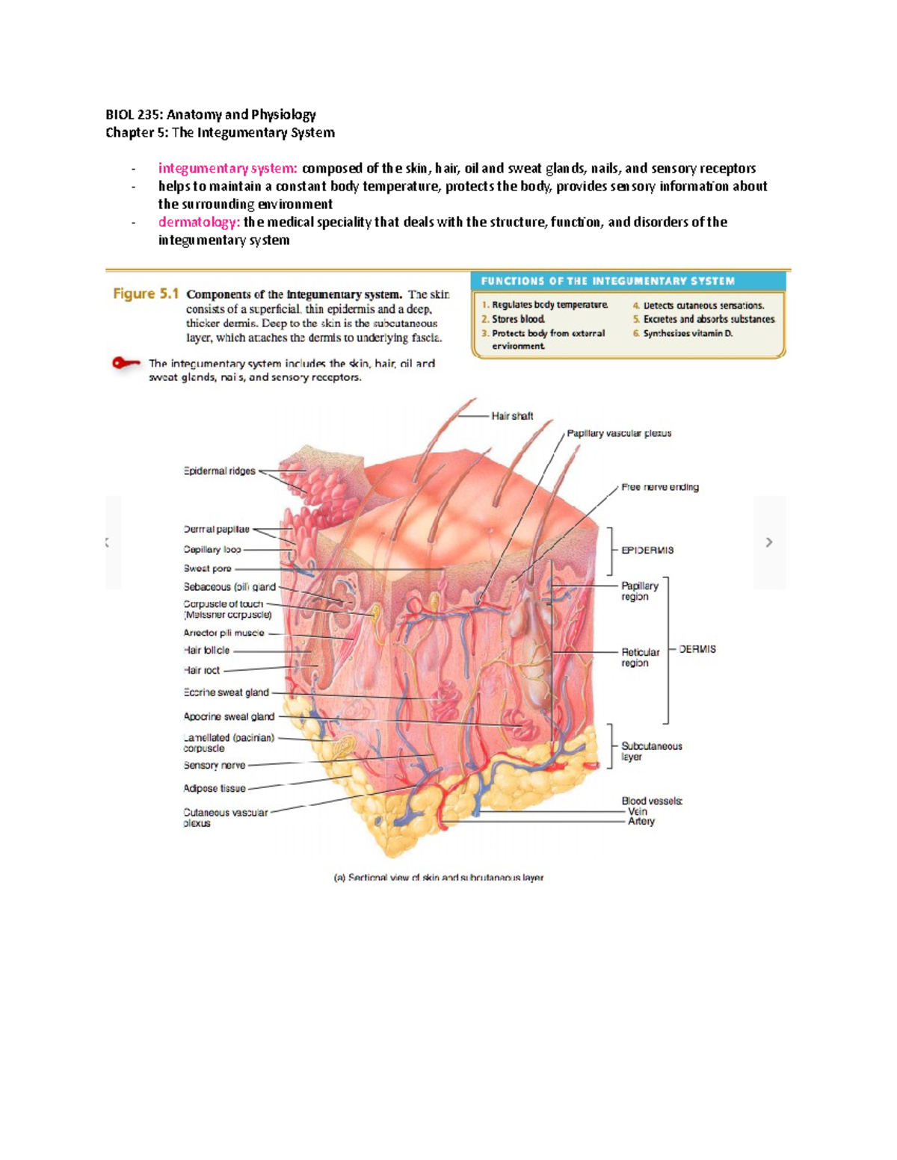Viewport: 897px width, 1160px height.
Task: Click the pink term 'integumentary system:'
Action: coord(227,169)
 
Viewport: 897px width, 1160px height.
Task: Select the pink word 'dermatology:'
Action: coord(197,223)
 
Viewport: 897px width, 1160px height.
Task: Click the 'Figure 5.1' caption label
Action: coord(146,294)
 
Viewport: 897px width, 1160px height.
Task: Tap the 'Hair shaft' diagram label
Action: coord(512,416)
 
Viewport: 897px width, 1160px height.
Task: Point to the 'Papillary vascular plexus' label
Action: coord(619,433)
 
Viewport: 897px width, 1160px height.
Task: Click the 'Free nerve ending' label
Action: coord(660,487)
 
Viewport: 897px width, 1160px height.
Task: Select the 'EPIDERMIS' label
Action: coord(647,550)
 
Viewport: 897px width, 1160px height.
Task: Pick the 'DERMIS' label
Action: coord(697,650)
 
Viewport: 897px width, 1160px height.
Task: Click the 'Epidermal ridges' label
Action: coord(219,471)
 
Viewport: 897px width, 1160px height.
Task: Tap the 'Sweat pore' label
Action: coord(207,568)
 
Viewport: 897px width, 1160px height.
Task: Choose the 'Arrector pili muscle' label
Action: coord(224,633)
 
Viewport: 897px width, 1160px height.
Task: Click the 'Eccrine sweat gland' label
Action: coord(226,692)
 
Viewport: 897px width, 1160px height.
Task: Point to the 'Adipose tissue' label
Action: coord(215,788)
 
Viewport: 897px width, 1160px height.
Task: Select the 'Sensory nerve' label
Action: coord(215,766)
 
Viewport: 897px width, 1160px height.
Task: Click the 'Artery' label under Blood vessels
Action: coord(641,822)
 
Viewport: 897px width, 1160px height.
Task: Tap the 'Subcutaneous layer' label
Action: coord(651,751)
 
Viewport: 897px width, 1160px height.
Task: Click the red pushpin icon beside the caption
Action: coord(126,364)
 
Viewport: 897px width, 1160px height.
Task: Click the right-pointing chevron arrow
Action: coord(769,542)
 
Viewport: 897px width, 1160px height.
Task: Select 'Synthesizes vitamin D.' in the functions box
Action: coord(688,334)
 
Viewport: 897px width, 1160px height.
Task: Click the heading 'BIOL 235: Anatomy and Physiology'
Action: coord(211,115)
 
